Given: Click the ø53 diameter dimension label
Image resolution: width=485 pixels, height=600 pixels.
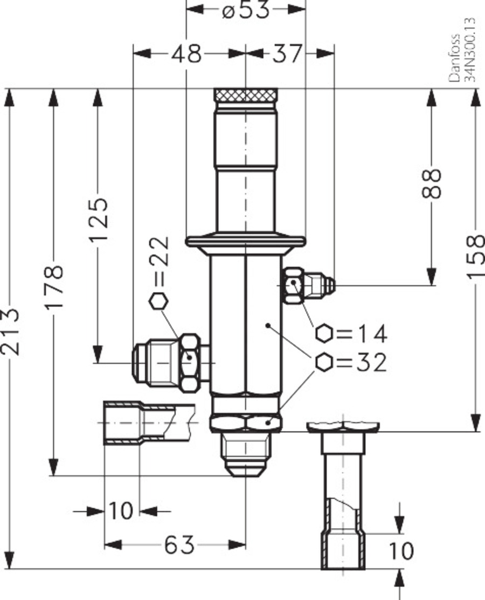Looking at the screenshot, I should coord(245,10).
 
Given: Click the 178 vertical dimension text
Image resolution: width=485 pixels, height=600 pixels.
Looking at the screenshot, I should coord(54,286).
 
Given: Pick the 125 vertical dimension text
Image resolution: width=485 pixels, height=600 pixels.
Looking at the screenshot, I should coord(98,220).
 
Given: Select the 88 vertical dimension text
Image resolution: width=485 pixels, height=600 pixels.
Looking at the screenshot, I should coord(432,183).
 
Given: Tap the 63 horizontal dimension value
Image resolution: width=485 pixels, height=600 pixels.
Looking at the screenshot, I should coord(179,545).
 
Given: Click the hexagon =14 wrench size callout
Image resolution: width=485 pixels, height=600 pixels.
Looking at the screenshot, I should coord(351,334).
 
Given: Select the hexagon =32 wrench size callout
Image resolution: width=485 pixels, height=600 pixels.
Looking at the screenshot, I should coord(351,363).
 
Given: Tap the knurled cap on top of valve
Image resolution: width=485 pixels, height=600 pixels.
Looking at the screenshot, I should coord(245,95).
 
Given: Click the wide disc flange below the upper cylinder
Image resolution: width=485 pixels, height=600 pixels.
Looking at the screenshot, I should coord(245,241).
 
